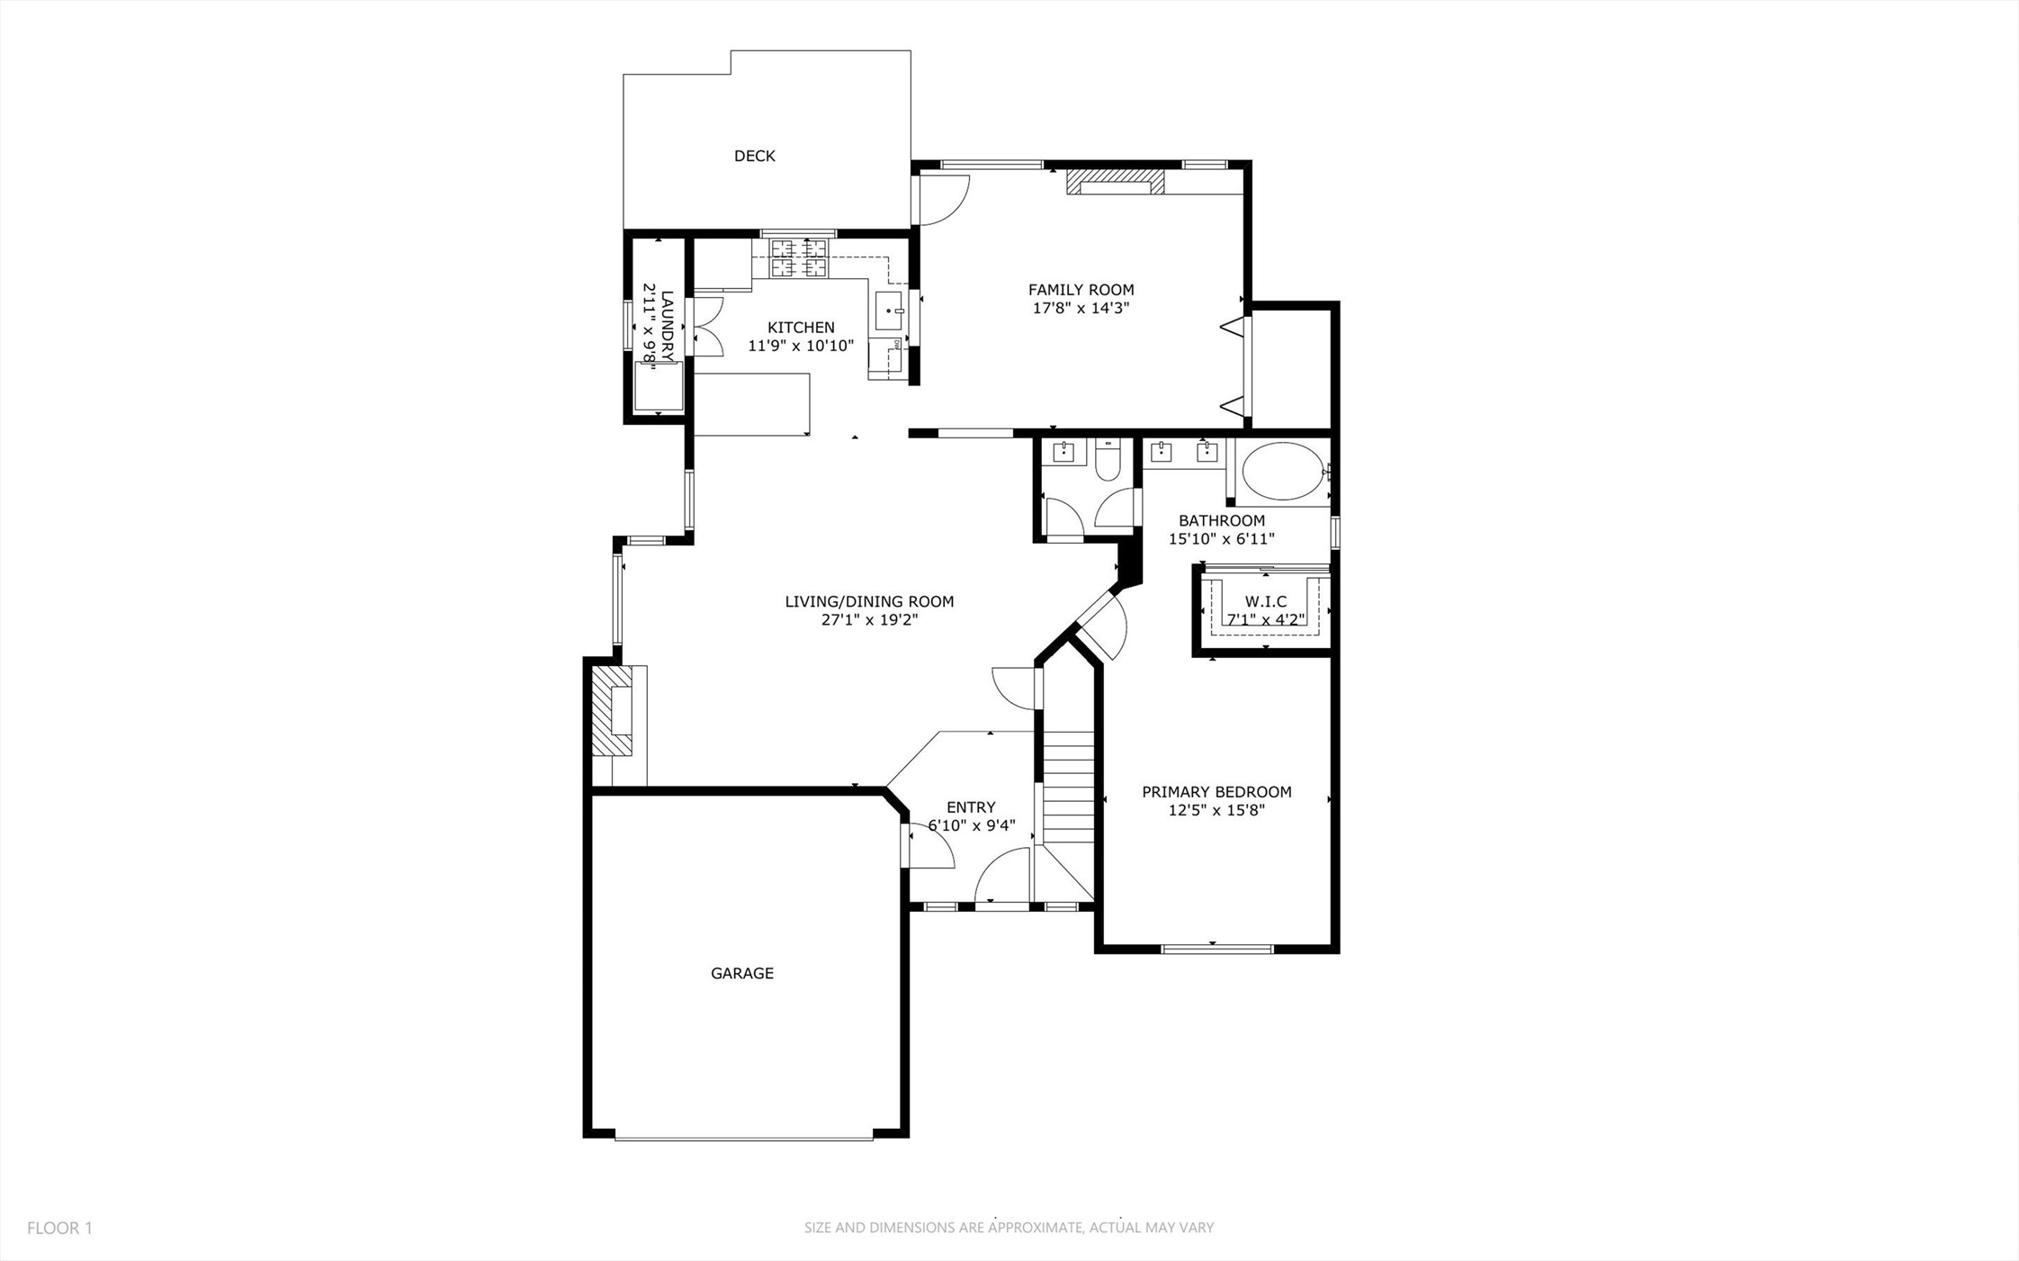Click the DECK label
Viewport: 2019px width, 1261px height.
(754, 156)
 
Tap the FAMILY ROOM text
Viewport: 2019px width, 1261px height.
(1081, 290)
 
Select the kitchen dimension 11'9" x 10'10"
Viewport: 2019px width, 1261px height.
(801, 346)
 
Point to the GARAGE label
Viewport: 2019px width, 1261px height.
(741, 973)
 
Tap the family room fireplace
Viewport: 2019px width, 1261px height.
(1115, 183)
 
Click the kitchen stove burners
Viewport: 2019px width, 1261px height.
(798, 257)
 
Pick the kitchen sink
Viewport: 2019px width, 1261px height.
(888, 311)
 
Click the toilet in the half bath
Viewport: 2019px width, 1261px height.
(1107, 462)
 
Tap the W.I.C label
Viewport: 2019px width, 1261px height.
(1265, 601)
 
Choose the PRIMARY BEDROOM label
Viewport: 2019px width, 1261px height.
(1216, 792)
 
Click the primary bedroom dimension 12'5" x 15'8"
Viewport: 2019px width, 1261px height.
(1216, 810)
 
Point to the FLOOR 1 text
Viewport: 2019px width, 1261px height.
(59, 1228)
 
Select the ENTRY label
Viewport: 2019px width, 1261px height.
(971, 807)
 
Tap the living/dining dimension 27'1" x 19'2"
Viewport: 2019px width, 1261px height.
(869, 620)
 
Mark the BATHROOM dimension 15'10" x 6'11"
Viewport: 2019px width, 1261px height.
(1221, 539)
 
